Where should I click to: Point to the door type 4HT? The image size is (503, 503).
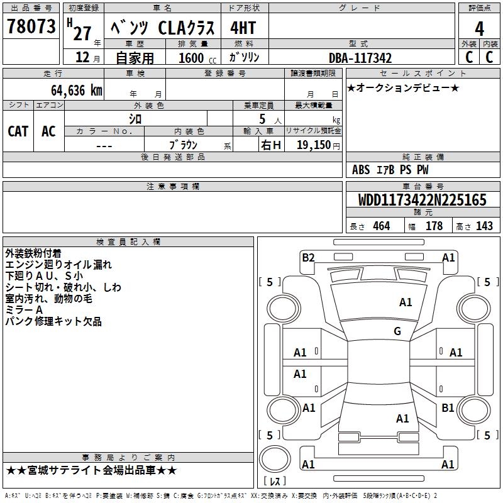point(243,28)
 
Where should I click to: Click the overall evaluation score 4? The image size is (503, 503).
point(479,28)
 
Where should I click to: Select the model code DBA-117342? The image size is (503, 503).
point(360,58)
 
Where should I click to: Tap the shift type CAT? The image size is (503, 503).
point(18,131)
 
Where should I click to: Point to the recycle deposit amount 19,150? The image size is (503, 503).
point(314,145)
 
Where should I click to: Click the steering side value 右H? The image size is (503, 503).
point(271,145)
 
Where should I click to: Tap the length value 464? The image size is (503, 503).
point(380,226)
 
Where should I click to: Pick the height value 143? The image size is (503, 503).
point(484,226)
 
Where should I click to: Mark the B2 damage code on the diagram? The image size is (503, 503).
point(308,257)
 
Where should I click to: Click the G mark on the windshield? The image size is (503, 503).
point(397,331)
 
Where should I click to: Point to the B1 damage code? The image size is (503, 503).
point(448,408)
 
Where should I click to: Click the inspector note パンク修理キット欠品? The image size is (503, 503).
point(53,322)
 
